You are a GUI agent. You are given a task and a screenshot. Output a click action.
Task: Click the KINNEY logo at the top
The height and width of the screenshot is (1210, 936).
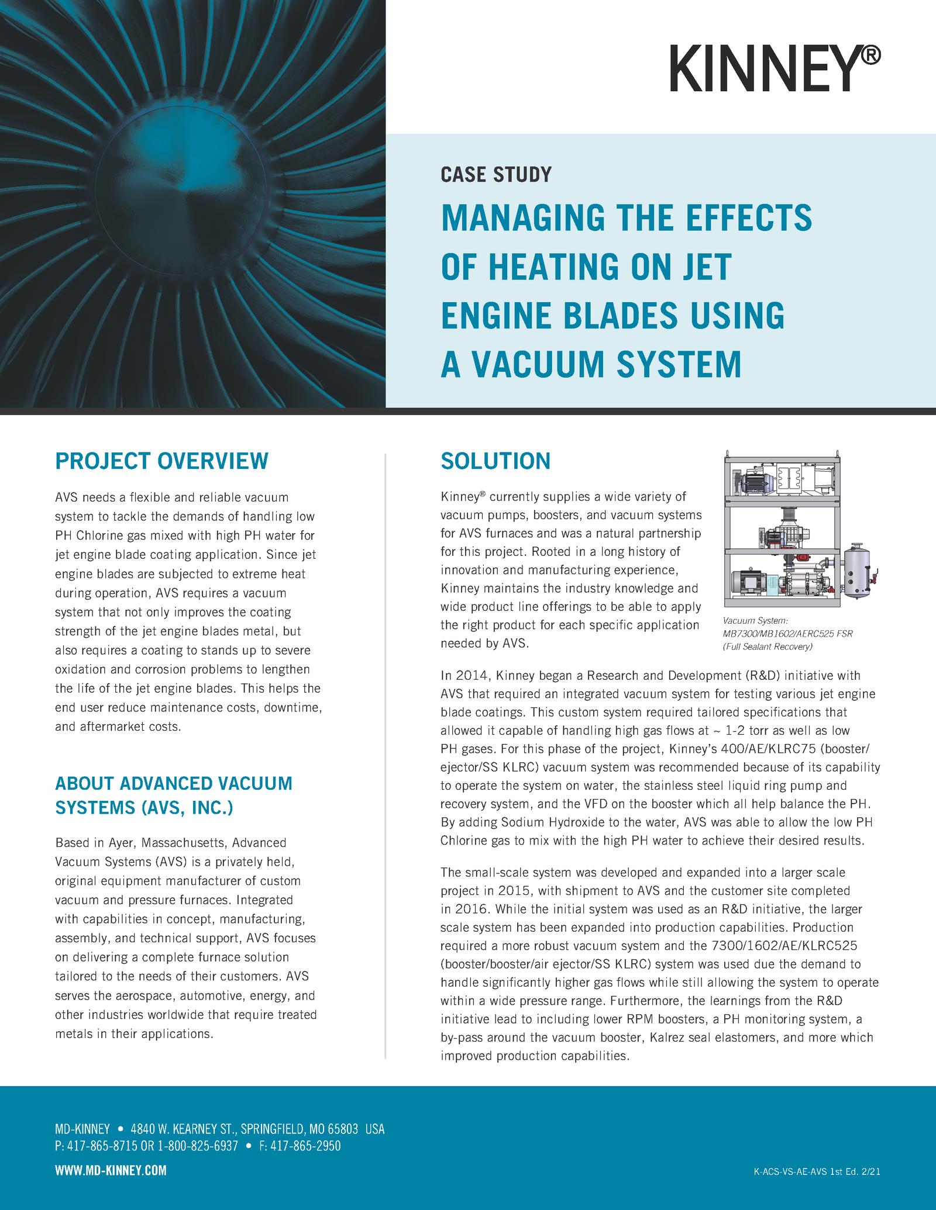775,69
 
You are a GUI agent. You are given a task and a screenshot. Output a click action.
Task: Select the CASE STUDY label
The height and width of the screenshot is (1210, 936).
496,174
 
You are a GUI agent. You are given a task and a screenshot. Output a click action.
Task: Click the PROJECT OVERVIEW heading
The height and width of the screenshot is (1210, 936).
161,461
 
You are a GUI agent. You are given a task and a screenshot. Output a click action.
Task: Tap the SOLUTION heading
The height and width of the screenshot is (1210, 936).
495,461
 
